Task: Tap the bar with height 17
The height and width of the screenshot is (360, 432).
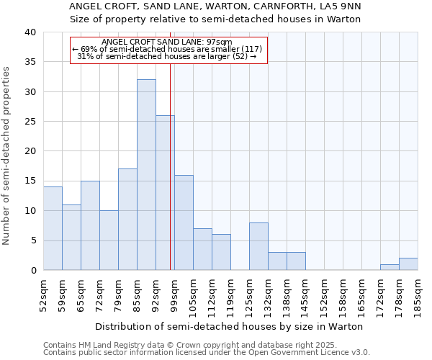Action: [127, 220]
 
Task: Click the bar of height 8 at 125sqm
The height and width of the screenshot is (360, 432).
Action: [258, 246]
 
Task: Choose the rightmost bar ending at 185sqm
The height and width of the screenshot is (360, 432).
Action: [408, 264]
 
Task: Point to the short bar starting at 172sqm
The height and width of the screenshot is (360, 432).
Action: [390, 267]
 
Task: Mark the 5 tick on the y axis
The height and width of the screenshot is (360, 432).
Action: [33, 240]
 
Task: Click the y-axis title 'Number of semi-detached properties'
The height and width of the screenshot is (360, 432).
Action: [7, 155]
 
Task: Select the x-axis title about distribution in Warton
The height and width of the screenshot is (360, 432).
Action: [228, 326]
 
